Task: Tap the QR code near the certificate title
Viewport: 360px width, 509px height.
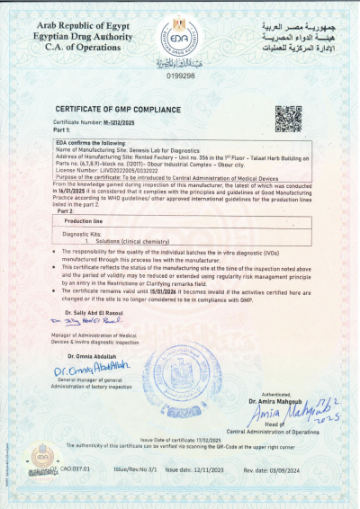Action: point(287,118)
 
